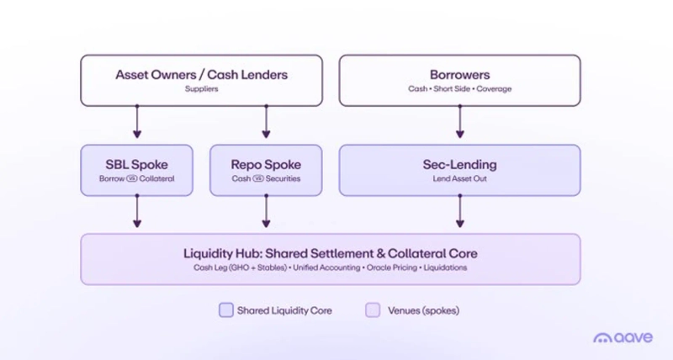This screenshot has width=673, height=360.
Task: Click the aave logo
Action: pyautogui.click(x=623, y=337)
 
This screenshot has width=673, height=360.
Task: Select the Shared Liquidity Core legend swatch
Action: pyautogui.click(x=226, y=310)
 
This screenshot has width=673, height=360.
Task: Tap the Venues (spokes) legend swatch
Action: pyautogui.click(x=373, y=310)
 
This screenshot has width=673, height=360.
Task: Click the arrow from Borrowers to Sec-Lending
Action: pyautogui.click(x=459, y=121)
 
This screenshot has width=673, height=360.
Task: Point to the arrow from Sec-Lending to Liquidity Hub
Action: pyautogui.click(x=459, y=210)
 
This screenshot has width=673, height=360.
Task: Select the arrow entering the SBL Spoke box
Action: pyautogui.click(x=137, y=121)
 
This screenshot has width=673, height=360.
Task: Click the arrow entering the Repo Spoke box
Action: pyautogui.click(x=266, y=121)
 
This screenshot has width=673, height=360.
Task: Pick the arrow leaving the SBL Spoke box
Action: pyautogui.click(x=137, y=210)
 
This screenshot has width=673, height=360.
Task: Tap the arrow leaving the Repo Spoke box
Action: pyautogui.click(x=266, y=210)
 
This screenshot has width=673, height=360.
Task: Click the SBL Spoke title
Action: pyautogui.click(x=137, y=164)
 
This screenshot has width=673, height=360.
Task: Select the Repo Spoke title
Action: pyautogui.click(x=266, y=164)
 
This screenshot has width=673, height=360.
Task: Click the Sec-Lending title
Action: pyautogui.click(x=459, y=164)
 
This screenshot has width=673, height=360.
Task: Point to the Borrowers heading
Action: pyautogui.click(x=459, y=75)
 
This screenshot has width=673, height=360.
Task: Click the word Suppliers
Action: pyautogui.click(x=202, y=89)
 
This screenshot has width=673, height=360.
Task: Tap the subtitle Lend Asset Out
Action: pyautogui.click(x=459, y=178)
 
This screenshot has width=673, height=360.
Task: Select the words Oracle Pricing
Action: pyautogui.click(x=392, y=267)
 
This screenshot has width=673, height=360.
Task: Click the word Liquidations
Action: pyautogui.click(x=446, y=267)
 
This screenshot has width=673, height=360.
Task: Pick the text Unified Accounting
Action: pyautogui.click(x=326, y=267)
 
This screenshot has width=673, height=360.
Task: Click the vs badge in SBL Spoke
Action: pyautogui.click(x=132, y=178)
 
